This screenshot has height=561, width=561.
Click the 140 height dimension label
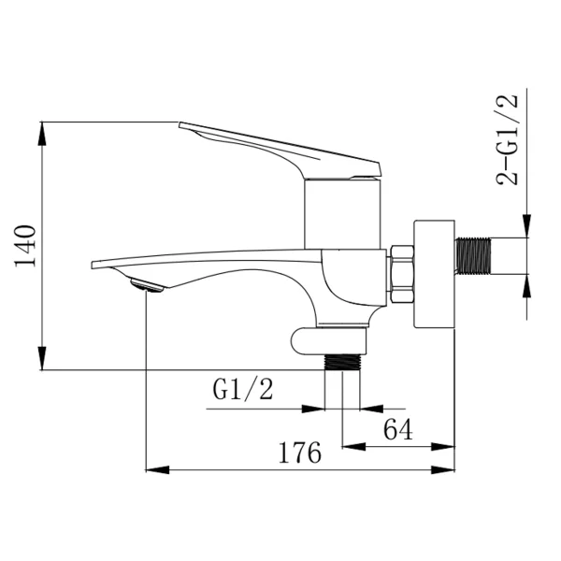pyautogui.click(x=25, y=245)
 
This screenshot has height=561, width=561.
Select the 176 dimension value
pyautogui.click(x=300, y=453)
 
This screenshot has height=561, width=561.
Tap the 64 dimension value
pyautogui.click(x=398, y=429)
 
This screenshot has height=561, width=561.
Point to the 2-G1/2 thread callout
pyautogui.click(x=508, y=139)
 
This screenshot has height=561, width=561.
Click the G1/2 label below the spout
pyautogui.click(x=243, y=389)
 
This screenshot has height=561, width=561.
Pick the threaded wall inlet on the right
pyautogui.click(x=473, y=255)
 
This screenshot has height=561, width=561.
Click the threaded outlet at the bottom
pyautogui.click(x=342, y=361)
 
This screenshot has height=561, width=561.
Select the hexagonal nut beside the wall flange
pyautogui.click(x=401, y=274)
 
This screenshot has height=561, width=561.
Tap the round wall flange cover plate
pyautogui.click(x=434, y=274)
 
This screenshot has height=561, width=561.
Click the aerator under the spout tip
pyautogui.click(x=147, y=285)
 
